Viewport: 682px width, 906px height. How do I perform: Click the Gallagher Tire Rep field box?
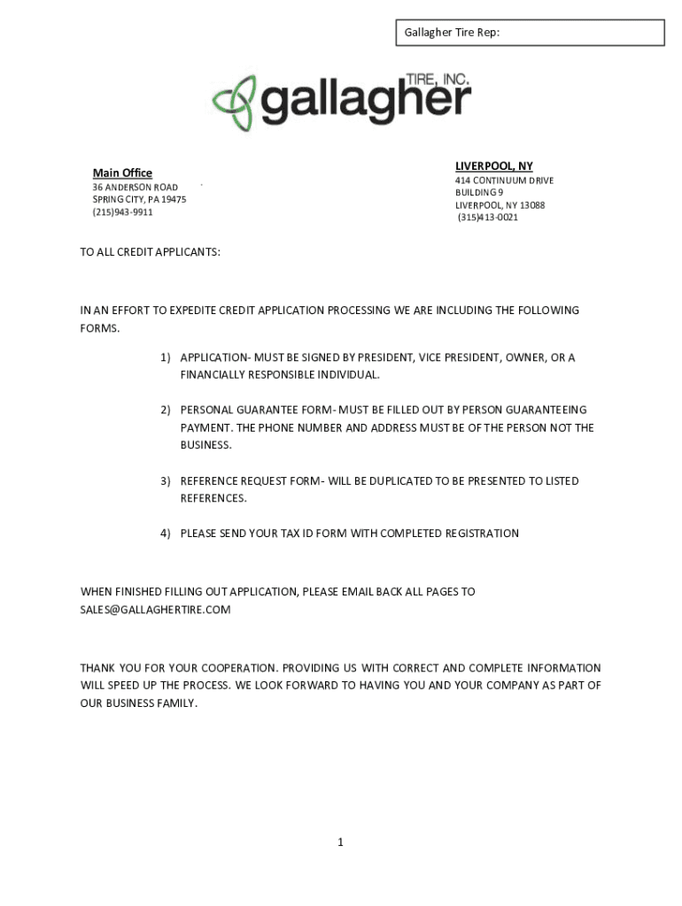tap(529, 33)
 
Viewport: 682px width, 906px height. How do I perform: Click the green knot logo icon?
tap(234, 104)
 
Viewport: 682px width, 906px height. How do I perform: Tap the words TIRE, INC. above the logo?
tap(436, 79)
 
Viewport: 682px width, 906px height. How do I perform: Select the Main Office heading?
tap(122, 173)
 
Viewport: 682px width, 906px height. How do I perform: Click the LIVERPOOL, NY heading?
tap(493, 166)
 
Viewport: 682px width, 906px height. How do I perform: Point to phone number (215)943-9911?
tap(122, 212)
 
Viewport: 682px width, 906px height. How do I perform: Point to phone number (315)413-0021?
tap(487, 218)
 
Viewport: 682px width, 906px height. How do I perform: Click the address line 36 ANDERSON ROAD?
tap(135, 188)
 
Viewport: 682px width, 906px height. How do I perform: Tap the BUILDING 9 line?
tap(479, 193)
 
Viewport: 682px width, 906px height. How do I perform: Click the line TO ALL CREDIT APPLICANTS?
tap(151, 252)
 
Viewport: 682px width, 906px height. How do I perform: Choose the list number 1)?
tap(166, 357)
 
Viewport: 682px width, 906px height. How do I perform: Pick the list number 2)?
tap(166, 411)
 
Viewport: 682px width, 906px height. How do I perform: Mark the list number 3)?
tap(166, 481)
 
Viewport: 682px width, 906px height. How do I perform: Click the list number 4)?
tap(166, 534)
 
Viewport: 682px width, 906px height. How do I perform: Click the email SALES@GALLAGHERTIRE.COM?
tap(155, 610)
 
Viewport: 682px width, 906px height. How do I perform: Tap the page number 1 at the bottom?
tap(340, 842)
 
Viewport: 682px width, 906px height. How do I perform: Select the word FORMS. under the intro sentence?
tap(99, 328)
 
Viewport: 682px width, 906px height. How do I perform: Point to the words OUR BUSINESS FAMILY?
tap(139, 703)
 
